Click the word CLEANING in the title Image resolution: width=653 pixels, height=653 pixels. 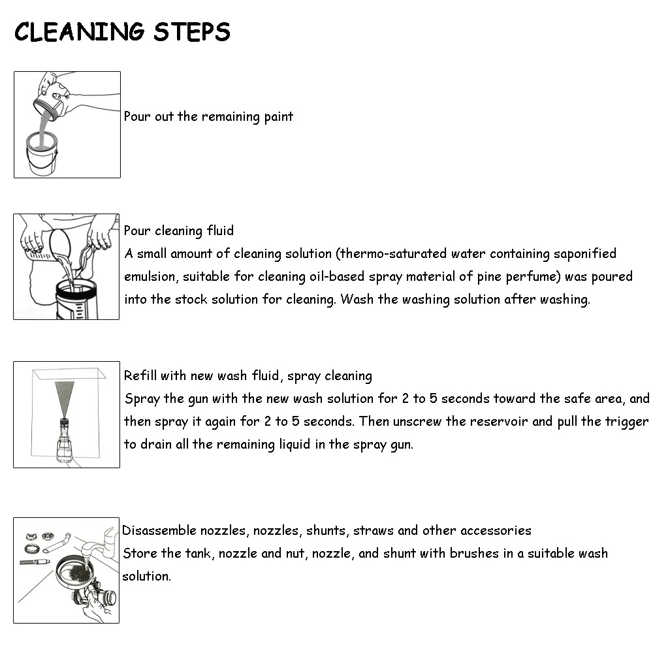pyautogui.click(x=80, y=32)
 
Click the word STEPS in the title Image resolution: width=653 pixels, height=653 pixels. pyautogui.click(x=191, y=32)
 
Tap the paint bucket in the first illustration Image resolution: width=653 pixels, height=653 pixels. pyautogui.click(x=42, y=153)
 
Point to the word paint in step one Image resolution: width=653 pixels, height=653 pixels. pyautogui.click(x=279, y=117)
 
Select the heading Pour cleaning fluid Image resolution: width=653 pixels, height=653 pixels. pyautogui.click(x=179, y=231)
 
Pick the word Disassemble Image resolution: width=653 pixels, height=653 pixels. pyautogui.click(x=159, y=530)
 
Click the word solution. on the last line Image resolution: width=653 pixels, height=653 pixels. pyautogui.click(x=146, y=576)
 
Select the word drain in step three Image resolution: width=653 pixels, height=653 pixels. pyautogui.click(x=156, y=444)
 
